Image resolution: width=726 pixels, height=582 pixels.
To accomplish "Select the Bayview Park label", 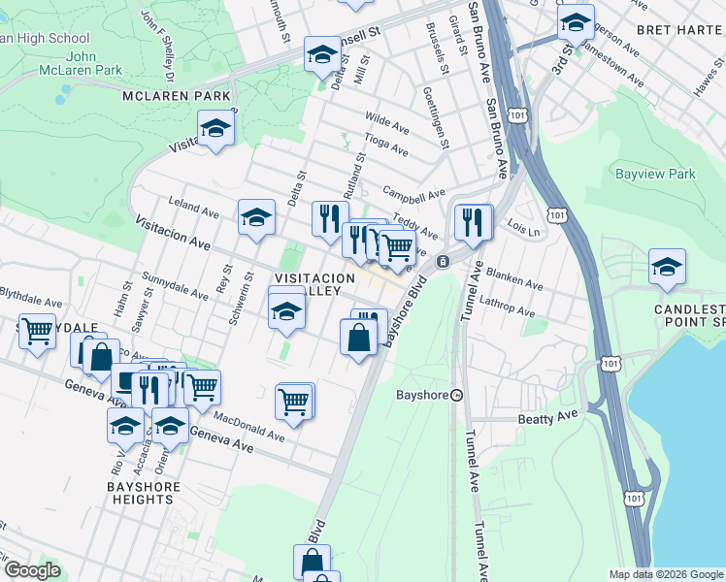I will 655,175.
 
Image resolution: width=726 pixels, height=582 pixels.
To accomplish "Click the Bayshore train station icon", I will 457,395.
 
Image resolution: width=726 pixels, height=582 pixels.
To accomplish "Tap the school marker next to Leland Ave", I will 257,218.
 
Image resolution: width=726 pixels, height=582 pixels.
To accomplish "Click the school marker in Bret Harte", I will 576,22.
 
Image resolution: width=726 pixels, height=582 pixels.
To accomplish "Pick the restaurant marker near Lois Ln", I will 473,222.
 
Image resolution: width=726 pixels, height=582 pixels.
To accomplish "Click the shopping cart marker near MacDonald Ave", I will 294,400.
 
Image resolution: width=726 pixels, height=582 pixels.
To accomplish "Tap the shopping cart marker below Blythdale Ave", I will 38,331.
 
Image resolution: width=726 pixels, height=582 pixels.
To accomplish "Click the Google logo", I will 33,570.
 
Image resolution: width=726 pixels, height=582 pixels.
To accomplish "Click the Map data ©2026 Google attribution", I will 666,574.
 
